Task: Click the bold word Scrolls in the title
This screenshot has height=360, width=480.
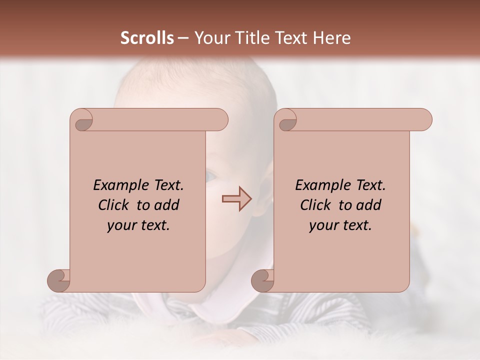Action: coord(147,38)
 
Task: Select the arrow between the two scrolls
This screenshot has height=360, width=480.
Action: coord(237,199)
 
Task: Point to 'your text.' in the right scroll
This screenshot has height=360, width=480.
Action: coord(340,225)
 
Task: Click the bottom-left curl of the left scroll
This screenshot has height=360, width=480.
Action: coord(59,280)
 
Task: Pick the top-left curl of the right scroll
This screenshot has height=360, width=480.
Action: coord(286,120)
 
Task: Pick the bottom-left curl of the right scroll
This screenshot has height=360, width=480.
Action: coord(263,280)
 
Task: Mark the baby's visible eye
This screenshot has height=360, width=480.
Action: coord(211,176)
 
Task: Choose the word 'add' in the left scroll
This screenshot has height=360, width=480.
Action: coord(166,205)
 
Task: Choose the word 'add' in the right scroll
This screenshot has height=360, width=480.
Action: coord(368,205)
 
